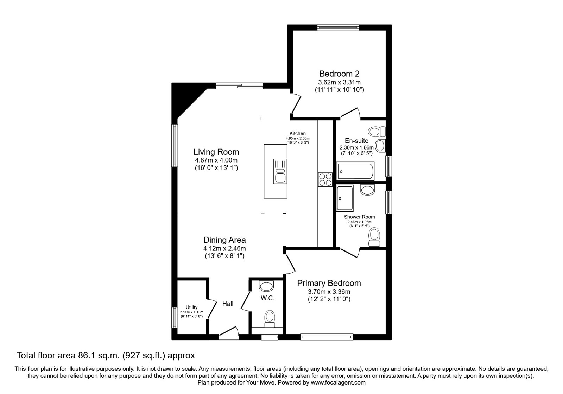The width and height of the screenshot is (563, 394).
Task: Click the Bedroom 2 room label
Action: tap(339, 74)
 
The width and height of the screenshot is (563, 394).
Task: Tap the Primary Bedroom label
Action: tap(329, 284)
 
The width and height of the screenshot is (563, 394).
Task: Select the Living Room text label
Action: tap(216, 152)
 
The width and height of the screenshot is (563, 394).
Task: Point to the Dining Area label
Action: tap(224, 240)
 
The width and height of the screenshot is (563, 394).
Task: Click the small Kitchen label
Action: tap(298, 133)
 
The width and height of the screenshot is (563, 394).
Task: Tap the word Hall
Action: tap(228, 304)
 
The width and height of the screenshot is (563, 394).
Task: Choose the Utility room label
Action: tap(191, 307)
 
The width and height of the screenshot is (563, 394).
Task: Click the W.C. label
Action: tap(267, 298)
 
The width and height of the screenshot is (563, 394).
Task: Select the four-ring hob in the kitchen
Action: tap(325, 179)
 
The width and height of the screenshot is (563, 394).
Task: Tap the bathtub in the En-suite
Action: tap(355, 171)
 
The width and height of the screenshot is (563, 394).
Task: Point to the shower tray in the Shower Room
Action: tap(345, 198)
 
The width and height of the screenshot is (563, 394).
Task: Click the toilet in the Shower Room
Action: tap(374, 237)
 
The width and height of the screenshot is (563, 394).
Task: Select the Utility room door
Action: tap(211, 309)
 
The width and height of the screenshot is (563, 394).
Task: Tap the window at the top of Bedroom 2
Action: tap(338, 27)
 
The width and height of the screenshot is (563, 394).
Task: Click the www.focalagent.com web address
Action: tap(338, 382)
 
